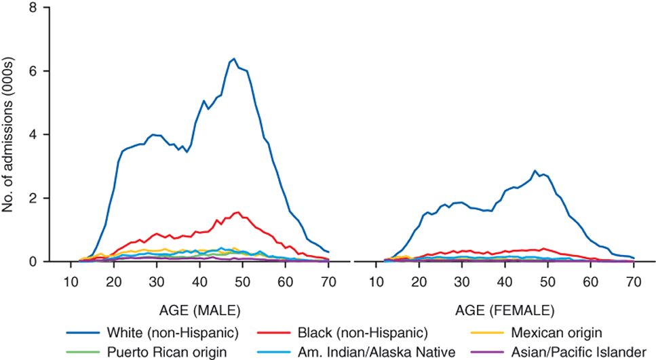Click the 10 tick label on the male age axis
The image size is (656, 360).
71,283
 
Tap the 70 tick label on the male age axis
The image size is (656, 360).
328,283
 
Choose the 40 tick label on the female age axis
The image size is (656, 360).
505,283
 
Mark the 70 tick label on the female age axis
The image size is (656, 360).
634,283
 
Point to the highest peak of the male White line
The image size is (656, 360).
234,58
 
